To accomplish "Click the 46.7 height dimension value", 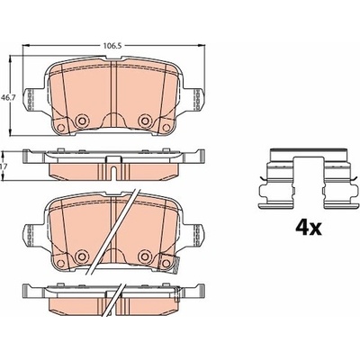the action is (x=6, y=97).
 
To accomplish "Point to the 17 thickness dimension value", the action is (x=3, y=166).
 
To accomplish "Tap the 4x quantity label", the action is (x=309, y=229).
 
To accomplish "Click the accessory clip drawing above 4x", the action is (x=309, y=178).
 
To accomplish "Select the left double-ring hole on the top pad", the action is (x=81, y=121).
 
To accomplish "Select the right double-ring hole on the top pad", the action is (x=145, y=121).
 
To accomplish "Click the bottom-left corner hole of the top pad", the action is (x=61, y=128).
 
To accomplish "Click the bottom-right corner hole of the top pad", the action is (x=166, y=128).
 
